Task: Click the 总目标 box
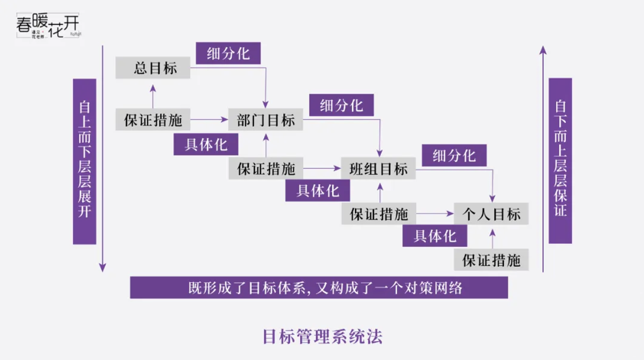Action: click(153, 68)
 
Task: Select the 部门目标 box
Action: click(266, 120)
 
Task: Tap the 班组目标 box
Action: click(378, 169)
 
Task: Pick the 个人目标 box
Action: click(491, 214)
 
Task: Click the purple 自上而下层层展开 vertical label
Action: click(84, 161)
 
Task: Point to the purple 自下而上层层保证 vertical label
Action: click(560, 161)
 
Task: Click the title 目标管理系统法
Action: click(322, 337)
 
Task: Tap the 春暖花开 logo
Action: click(48, 26)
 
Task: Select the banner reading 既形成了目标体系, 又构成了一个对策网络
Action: click(319, 288)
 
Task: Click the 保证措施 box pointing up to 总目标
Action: click(153, 120)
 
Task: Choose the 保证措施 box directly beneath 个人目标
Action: click(491, 260)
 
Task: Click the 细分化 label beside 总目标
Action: click(228, 53)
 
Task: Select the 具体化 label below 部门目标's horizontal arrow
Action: click(206, 145)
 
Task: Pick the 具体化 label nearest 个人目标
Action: click(435, 235)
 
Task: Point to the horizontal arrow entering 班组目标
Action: click(322, 169)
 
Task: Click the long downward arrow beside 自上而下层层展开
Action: click(102, 160)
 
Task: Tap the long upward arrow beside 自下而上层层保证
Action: click(543, 160)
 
